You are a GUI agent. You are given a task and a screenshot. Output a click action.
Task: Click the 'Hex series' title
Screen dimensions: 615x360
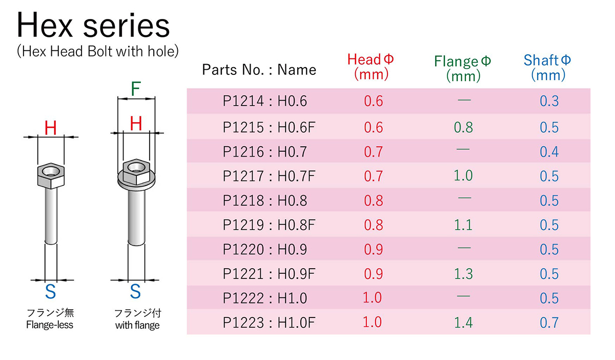point(93,25)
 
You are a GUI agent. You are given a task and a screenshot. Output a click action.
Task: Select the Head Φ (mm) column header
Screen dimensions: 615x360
point(371,67)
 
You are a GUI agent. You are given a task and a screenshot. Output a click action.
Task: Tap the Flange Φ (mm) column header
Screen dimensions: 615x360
point(463,68)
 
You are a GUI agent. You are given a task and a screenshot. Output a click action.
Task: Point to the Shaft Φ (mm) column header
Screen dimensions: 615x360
point(547,68)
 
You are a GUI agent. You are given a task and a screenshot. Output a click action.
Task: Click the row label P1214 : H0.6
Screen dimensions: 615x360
point(264,101)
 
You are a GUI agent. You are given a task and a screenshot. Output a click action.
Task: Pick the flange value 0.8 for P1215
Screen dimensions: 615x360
point(463,127)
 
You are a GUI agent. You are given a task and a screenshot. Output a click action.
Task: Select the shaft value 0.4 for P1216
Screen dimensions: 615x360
point(549,152)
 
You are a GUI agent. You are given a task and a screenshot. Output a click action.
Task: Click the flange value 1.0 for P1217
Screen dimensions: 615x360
point(463,175)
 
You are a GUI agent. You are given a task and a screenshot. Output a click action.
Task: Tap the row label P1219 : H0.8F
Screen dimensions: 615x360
point(269,225)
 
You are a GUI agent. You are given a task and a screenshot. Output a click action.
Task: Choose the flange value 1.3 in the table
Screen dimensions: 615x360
point(463,274)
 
